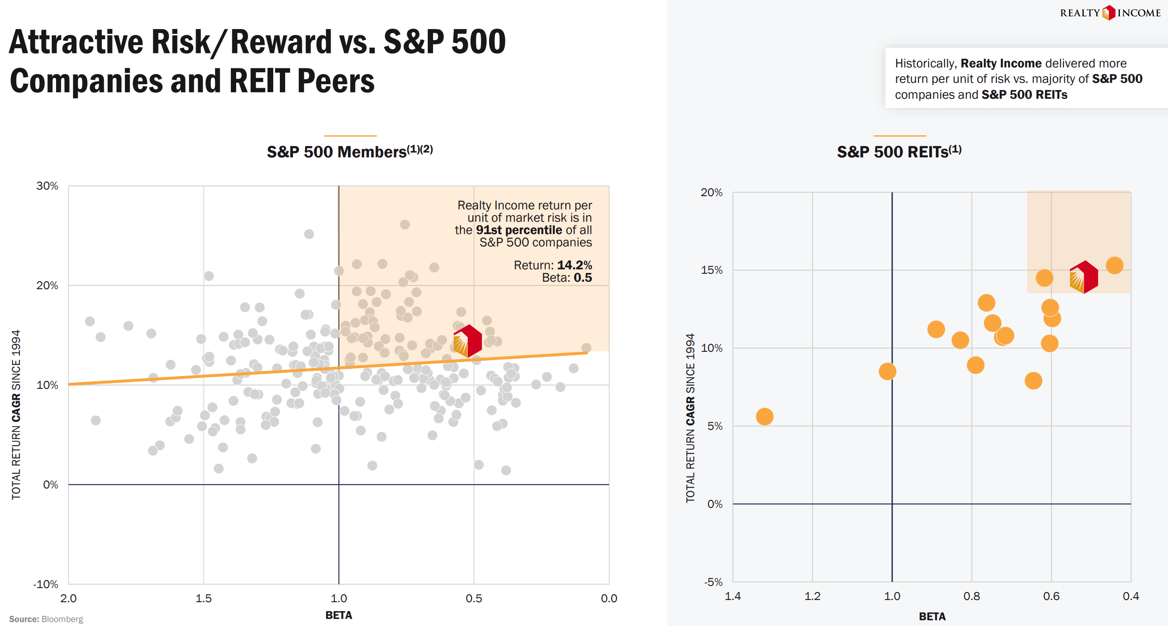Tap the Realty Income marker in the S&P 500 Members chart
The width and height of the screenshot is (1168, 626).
point(467,341)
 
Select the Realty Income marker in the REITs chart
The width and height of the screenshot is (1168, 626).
point(1084,277)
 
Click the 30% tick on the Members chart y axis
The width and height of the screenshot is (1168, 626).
point(47,186)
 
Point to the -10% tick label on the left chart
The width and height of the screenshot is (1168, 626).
point(45,584)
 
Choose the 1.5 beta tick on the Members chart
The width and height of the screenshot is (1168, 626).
point(203,598)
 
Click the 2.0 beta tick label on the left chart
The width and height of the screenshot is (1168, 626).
point(68,598)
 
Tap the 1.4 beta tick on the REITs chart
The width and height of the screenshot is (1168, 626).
point(733,596)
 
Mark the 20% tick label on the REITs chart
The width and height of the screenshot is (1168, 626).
point(712,193)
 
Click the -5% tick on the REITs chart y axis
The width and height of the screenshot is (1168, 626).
point(713,581)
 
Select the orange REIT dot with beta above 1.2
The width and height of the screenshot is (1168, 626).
point(765,416)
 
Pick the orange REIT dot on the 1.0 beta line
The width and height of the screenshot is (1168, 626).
point(887,372)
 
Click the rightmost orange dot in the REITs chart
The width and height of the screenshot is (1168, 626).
point(1115,265)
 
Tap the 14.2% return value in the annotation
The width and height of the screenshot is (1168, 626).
point(574,265)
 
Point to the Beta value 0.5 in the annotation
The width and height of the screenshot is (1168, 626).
point(583,278)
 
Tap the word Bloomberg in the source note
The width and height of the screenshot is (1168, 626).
point(62,619)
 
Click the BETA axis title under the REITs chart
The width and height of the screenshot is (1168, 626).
point(932,616)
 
